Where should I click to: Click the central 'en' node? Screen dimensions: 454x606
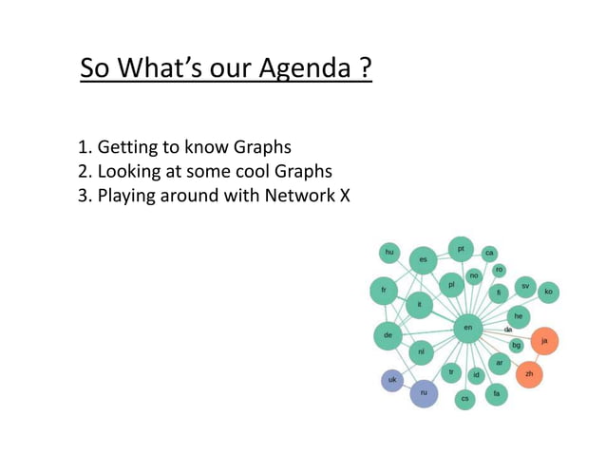[x=467, y=328]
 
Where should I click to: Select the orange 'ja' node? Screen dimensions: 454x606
[x=544, y=340]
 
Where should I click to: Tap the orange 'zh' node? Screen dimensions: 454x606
[x=529, y=374]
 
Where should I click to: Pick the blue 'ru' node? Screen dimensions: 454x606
[x=424, y=392]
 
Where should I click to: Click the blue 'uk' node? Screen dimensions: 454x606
[x=391, y=380]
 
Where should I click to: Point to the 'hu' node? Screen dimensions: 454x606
[x=388, y=252]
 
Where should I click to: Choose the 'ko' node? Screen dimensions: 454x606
[x=548, y=292]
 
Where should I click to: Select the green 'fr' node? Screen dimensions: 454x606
[x=384, y=290]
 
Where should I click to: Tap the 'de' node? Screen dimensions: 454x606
[x=388, y=335]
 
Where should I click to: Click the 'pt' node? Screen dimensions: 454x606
[x=461, y=249]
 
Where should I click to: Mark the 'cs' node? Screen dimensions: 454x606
[x=464, y=399]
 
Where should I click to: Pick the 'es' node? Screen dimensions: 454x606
[x=423, y=259]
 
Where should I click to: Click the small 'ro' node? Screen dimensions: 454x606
[x=499, y=270]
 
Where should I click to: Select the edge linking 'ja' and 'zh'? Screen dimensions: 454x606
[x=537, y=357]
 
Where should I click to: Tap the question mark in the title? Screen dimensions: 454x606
[x=366, y=69]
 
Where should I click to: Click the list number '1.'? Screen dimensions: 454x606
[x=84, y=147]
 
